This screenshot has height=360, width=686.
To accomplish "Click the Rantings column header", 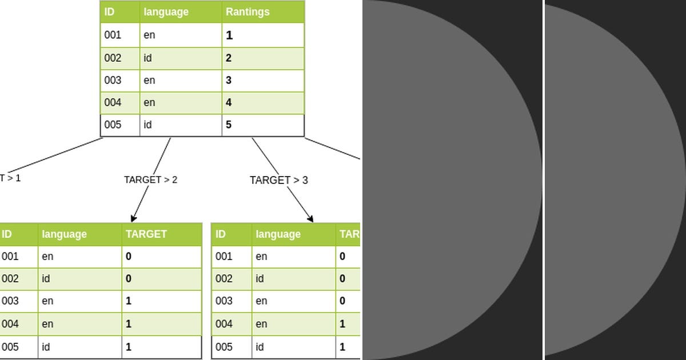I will point(248,12).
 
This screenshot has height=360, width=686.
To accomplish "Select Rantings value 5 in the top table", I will point(229,125).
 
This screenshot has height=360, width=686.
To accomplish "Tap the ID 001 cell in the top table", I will point(113,35).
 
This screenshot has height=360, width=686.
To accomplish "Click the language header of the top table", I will point(166,12).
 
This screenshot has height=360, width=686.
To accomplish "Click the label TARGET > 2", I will point(150,179).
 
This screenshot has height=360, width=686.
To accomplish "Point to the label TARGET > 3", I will point(278,180).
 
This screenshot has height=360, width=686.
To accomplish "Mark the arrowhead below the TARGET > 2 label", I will point(134,218).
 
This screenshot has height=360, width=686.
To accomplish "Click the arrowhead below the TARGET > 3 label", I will point(310,218).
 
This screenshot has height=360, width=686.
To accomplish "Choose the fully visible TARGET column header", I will point(146,234).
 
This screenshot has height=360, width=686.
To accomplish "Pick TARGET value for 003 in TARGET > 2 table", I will point(129,301).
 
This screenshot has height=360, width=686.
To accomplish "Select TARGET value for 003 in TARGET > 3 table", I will point(342,301).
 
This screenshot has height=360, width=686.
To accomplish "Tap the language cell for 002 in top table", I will point(147,58).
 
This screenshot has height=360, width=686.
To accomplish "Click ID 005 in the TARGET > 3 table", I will point(224,347).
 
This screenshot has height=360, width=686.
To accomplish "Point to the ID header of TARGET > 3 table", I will point(221,234).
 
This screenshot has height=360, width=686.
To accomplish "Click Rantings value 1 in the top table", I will point(229,35).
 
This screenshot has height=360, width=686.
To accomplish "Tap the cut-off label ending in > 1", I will point(10,178).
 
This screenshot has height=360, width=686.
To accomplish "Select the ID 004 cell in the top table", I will point(113,103).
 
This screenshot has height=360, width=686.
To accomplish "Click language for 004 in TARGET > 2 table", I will point(47,324).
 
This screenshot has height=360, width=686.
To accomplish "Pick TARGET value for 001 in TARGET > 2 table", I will point(129,257).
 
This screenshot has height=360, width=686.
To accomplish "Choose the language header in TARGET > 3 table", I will point(278,234).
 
